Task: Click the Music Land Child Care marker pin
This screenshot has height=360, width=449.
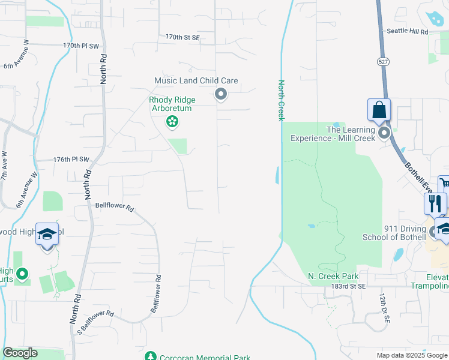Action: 221,94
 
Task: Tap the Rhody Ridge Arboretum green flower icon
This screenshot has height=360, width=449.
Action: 172,122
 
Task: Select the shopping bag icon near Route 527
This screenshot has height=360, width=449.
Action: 379,110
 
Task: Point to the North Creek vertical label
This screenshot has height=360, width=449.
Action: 280,100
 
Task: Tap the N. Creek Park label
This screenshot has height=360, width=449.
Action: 333,276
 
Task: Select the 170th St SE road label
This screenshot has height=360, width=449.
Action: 182,37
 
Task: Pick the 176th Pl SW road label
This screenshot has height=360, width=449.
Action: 71,160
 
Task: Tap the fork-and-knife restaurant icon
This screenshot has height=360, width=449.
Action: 435,203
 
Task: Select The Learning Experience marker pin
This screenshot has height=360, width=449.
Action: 384,133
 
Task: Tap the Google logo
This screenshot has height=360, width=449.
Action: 20,353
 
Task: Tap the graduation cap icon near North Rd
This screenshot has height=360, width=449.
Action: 47,234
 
